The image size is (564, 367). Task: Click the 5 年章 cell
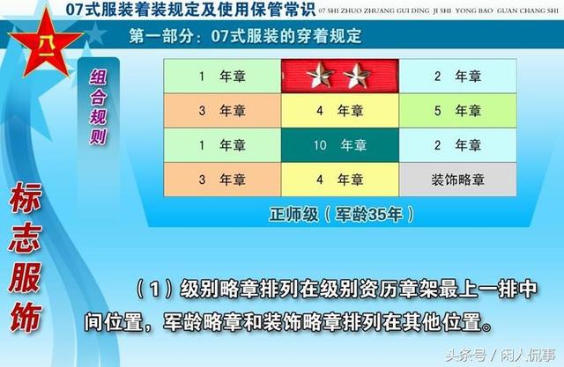pos(456,111)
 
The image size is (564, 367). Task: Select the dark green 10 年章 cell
pos(340,145)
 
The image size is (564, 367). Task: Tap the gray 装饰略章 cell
pos(456,180)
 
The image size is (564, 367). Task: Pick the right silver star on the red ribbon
pos(357,77)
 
